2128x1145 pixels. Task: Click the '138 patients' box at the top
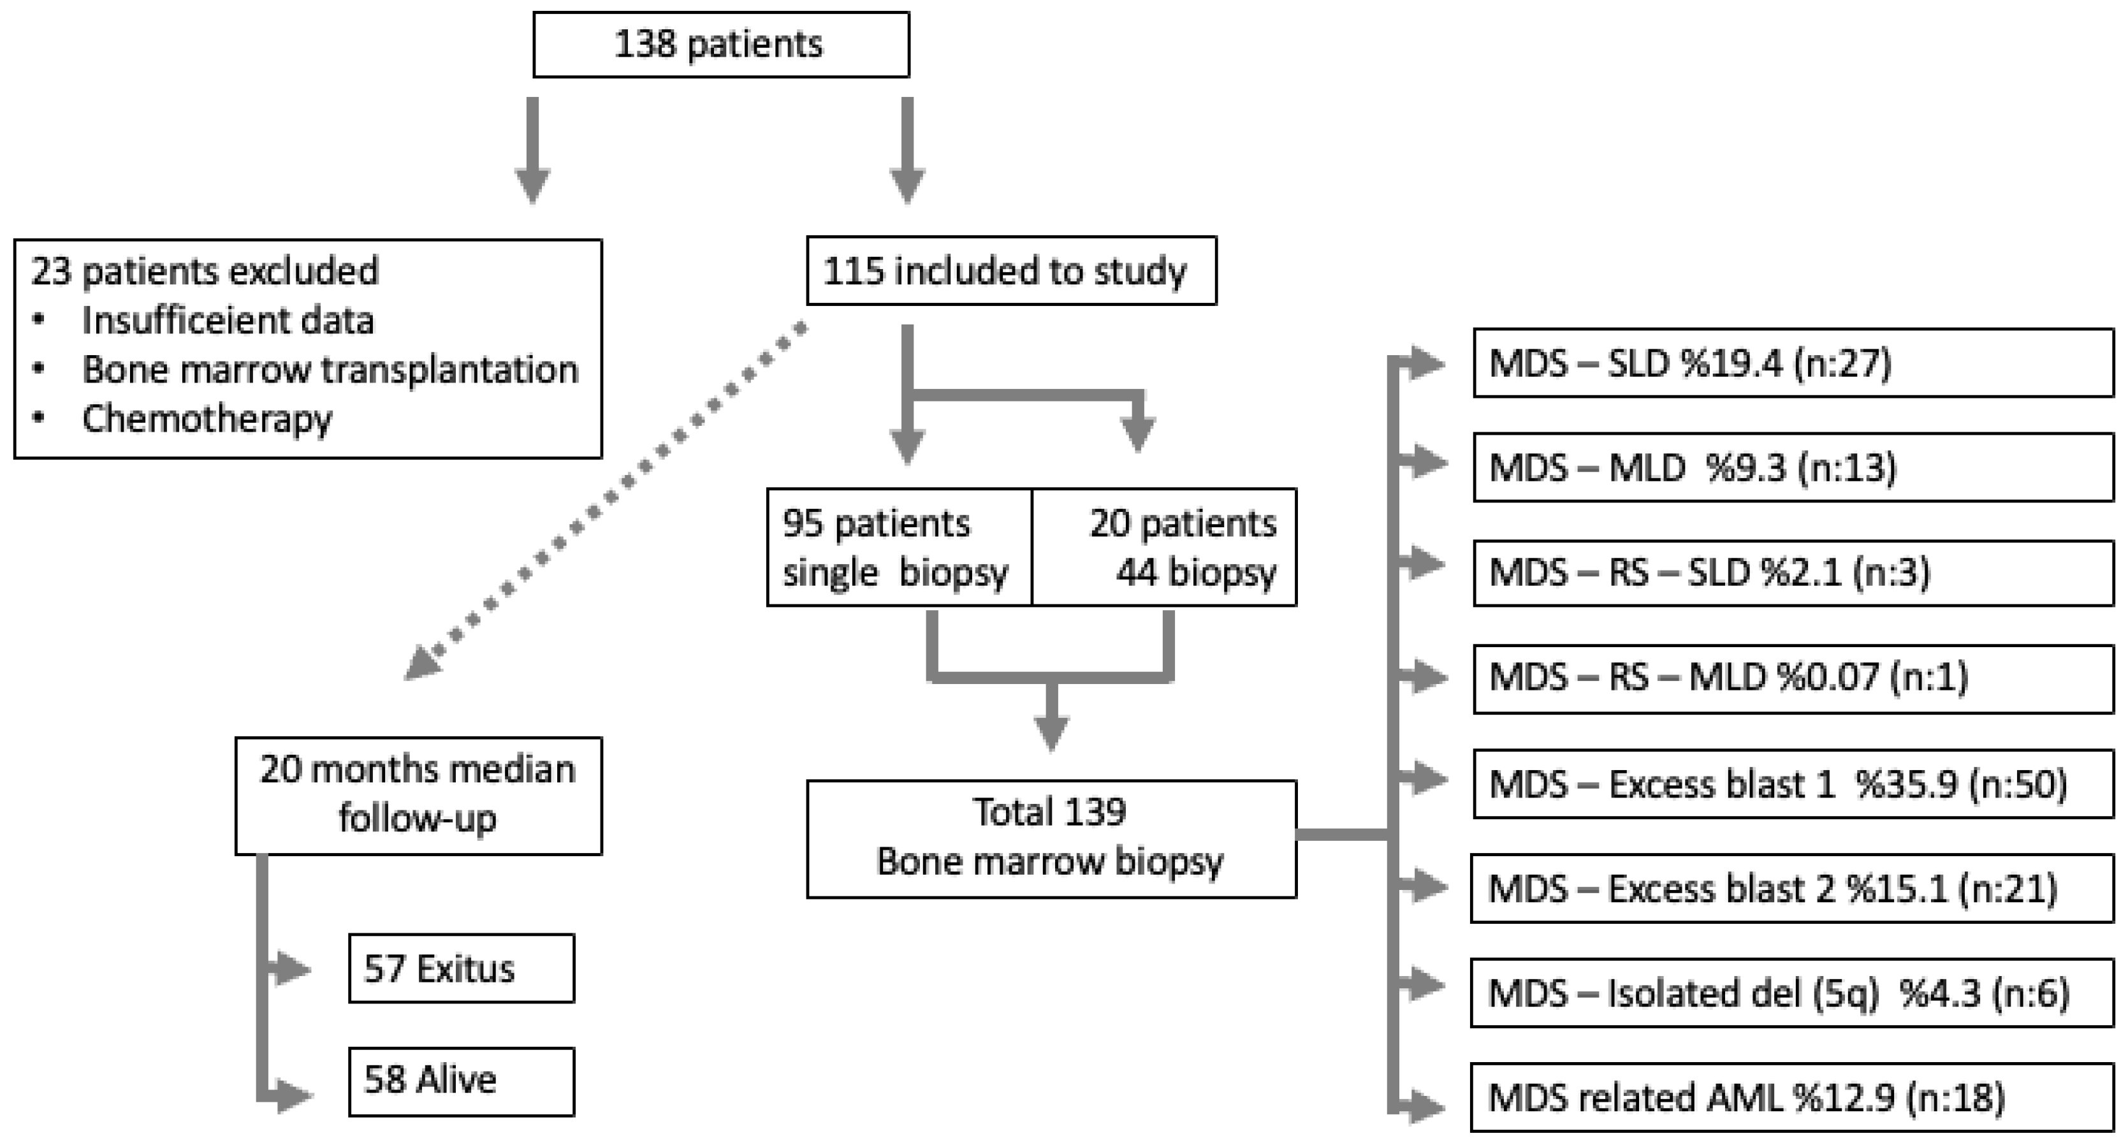click(x=720, y=45)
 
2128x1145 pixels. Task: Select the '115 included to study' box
click(x=1010, y=271)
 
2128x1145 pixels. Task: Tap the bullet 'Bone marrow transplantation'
click(x=330, y=369)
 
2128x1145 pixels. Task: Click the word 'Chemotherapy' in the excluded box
click(x=207, y=419)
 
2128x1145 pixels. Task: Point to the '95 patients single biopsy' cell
click(x=898, y=548)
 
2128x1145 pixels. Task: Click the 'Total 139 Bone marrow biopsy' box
click(x=1050, y=838)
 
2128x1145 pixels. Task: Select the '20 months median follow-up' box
click(x=418, y=796)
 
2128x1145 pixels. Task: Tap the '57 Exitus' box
click(x=460, y=968)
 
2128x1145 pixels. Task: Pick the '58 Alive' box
click(x=460, y=1081)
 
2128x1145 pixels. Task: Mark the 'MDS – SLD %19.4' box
click(x=1793, y=363)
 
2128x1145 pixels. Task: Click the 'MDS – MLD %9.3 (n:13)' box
click(x=1793, y=467)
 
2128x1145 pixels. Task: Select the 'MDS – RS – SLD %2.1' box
click(x=1793, y=572)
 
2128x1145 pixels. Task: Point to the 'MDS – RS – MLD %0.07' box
click(x=1793, y=678)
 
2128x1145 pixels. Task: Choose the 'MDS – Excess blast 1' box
click(x=1793, y=783)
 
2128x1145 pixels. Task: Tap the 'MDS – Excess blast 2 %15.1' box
click(x=1791, y=889)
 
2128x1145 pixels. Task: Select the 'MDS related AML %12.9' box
click(x=1791, y=1098)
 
